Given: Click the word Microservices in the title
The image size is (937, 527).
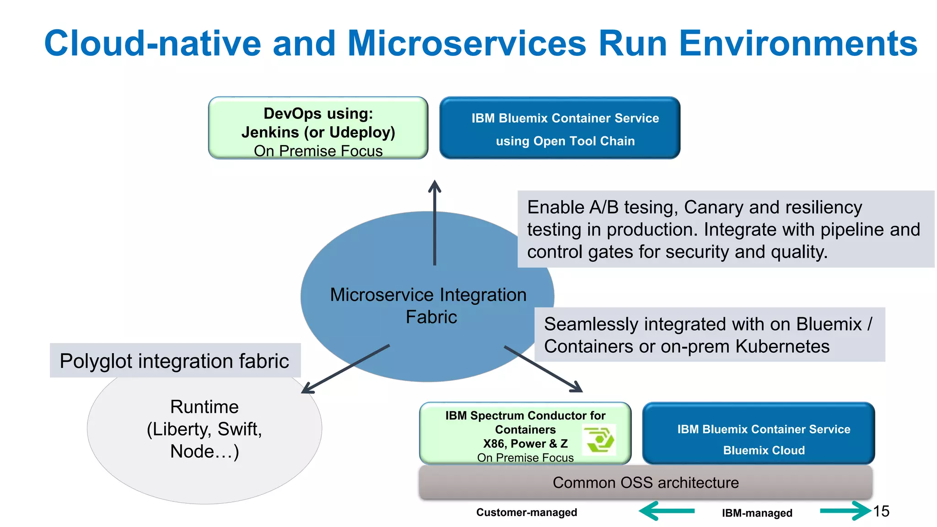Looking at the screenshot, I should pos(466,43).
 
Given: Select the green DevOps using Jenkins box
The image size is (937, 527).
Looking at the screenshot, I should pos(318,128).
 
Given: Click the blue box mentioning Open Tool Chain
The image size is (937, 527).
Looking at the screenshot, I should pos(560,128).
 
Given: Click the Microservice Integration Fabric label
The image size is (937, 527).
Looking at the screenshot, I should pos(428,306).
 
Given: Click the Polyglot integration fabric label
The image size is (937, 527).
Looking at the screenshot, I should pos(174,361).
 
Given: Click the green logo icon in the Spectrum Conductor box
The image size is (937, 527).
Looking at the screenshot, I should pos(599,440).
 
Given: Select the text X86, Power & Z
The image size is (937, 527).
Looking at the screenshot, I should pos(525,444).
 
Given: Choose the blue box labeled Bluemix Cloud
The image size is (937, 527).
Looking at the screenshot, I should pos(759,433).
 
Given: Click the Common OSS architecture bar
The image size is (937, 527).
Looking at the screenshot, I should pos(646,483).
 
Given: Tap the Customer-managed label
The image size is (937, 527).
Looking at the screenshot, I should pos(527,512).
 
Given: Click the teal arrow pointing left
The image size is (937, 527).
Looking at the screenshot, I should pos(667,511).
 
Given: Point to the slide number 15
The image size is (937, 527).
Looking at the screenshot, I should pos(881,511).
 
